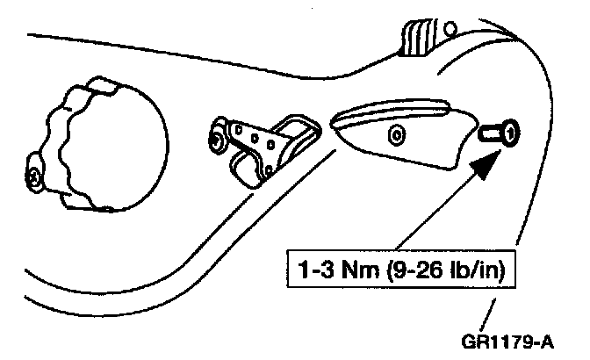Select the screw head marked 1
(510, 133)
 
